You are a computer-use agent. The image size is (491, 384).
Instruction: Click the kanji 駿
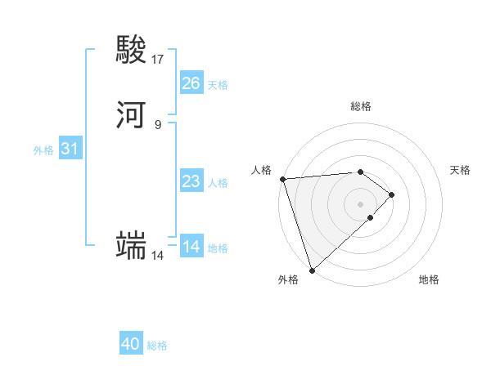click(132, 51)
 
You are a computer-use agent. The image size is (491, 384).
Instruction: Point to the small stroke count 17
click(158, 60)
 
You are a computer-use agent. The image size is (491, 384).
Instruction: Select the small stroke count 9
click(158, 125)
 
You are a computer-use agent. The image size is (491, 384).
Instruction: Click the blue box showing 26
click(191, 83)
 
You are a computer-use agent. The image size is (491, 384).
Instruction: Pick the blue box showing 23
click(191, 181)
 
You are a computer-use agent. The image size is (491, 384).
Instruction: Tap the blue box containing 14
click(191, 247)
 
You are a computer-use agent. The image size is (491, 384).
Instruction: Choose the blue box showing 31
click(70, 149)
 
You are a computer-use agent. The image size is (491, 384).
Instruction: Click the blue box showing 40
click(131, 345)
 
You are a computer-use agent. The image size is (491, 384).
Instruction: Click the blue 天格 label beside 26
click(218, 85)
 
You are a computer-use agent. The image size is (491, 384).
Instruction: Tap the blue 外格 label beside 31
click(43, 150)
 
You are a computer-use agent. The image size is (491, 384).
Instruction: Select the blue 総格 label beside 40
click(157, 346)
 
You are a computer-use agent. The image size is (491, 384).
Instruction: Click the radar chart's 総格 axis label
click(361, 106)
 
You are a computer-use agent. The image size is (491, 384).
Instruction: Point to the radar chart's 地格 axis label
click(429, 279)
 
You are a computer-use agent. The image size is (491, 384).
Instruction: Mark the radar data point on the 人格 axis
click(282, 179)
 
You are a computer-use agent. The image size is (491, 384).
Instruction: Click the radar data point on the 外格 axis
click(312, 270)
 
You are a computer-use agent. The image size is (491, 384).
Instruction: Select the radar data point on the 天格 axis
click(392, 194)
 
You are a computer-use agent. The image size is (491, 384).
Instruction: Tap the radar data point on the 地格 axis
click(371, 217)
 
